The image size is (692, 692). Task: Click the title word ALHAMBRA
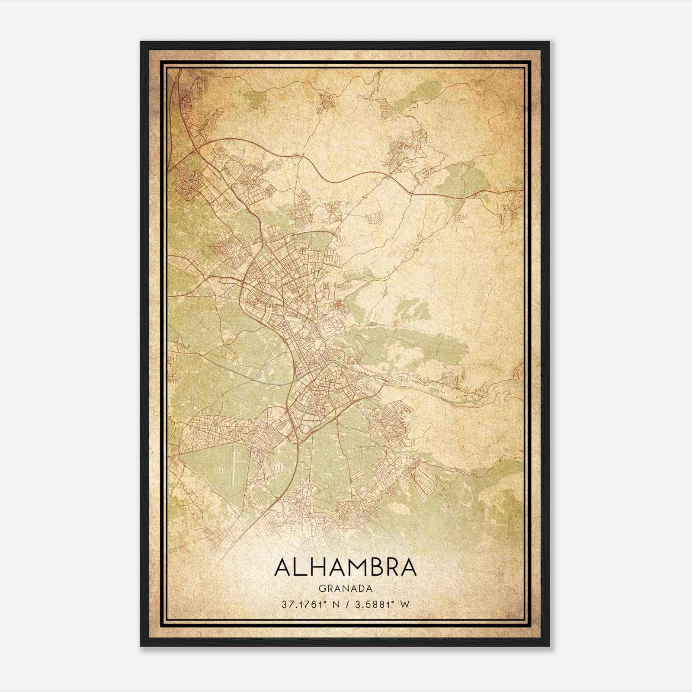pos(345,567)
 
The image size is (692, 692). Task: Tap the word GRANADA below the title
pos(345,589)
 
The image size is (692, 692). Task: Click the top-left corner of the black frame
pos(141,42)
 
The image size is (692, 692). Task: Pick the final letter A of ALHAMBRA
pos(408,567)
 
